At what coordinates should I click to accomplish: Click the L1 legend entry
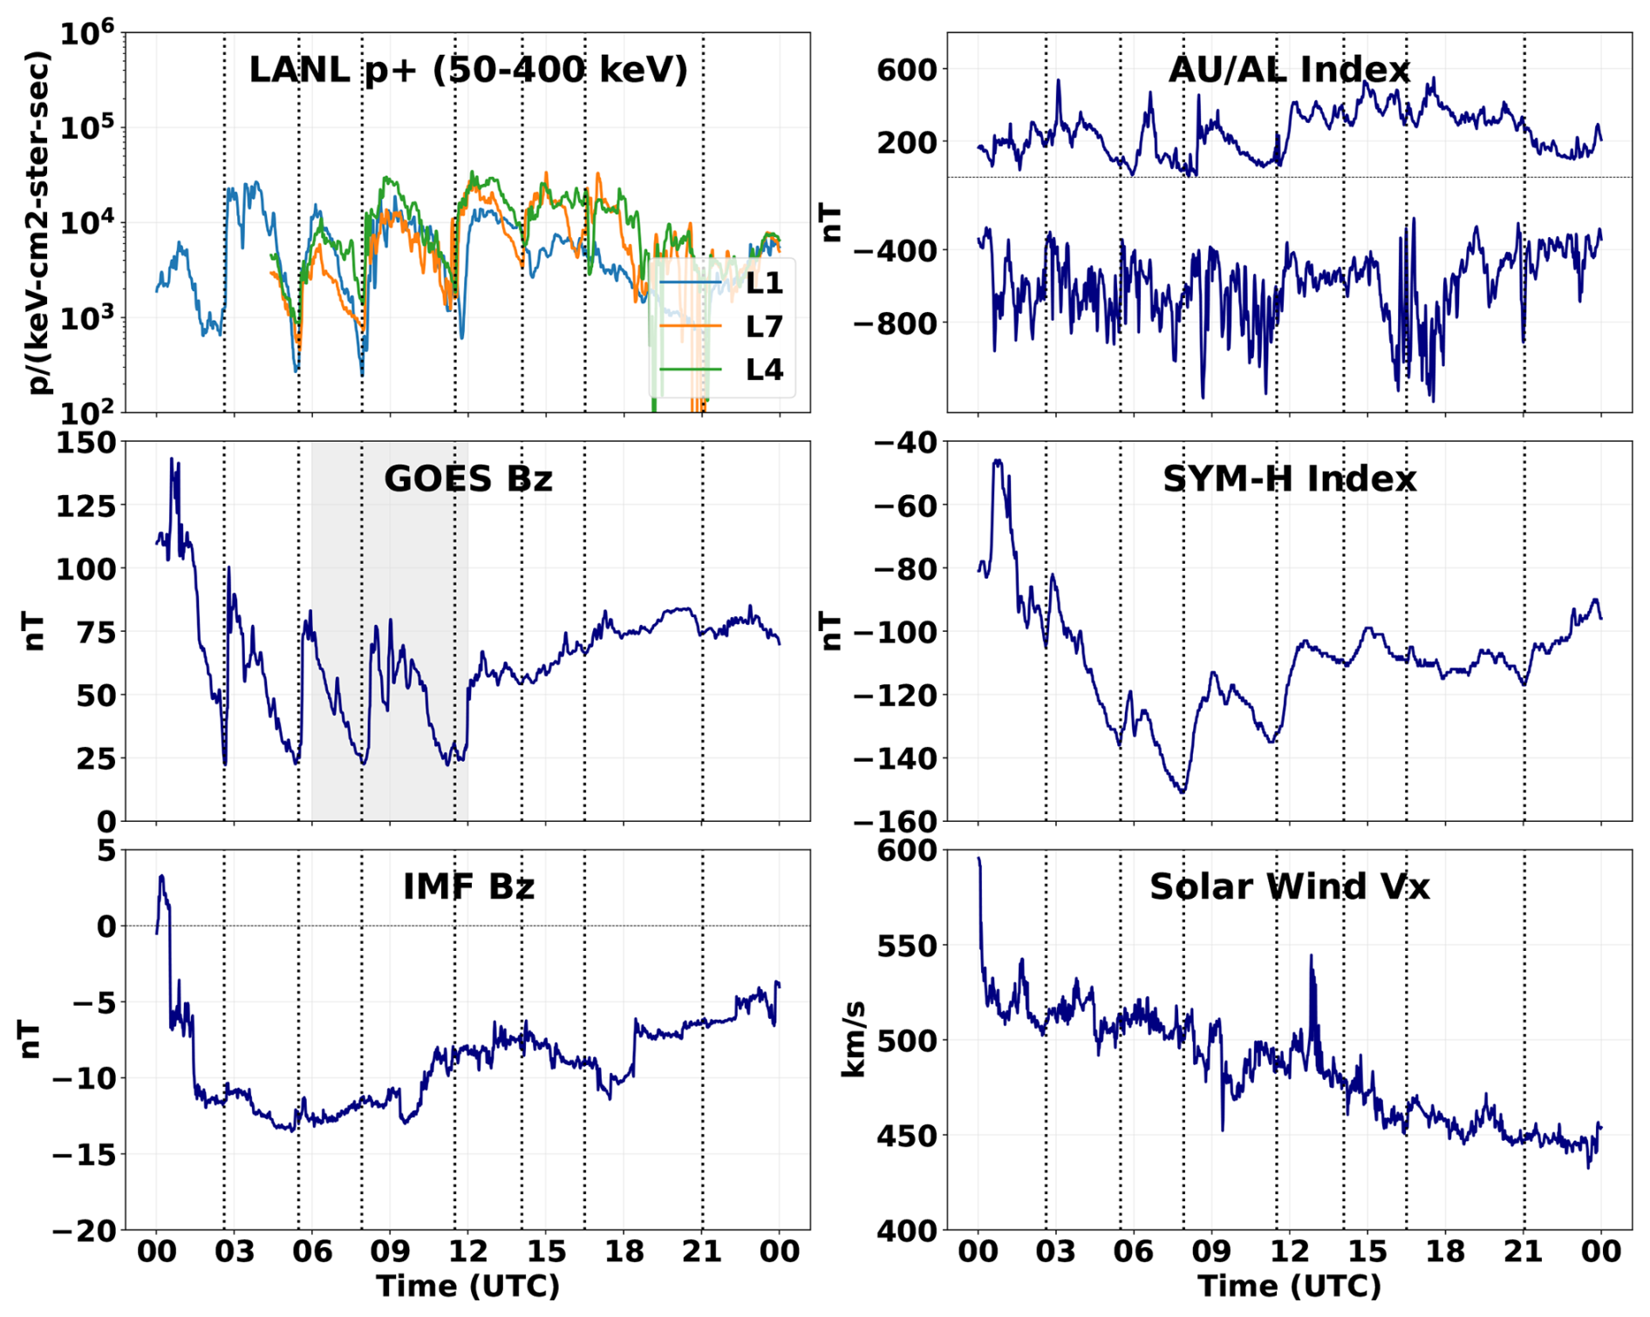[763, 282]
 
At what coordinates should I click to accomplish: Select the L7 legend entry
[763, 326]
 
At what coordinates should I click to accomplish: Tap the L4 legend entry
[763, 370]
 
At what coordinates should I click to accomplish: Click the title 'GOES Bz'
[468, 479]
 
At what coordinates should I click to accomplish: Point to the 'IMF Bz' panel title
[468, 886]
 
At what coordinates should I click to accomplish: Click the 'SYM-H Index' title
[1289, 479]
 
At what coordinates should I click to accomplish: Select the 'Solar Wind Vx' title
[1289, 886]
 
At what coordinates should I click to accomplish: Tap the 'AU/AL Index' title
[1289, 70]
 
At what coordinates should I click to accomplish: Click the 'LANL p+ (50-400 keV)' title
[468, 70]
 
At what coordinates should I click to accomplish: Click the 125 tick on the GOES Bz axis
[85, 506]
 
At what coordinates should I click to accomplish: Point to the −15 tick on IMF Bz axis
[84, 1155]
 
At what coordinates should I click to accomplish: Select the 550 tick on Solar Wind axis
[907, 946]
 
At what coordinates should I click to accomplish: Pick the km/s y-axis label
[852, 1039]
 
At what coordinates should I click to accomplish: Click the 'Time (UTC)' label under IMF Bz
[468, 1286]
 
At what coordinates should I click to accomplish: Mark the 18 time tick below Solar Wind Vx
[1445, 1253]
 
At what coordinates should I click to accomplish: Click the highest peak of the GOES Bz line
[172, 458]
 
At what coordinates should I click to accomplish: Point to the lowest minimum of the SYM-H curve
[1183, 792]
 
